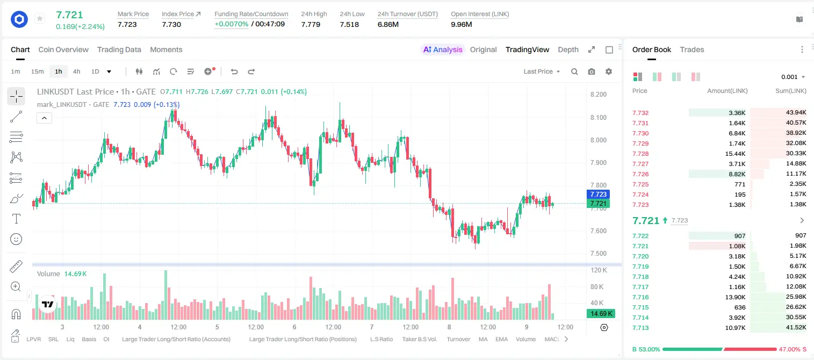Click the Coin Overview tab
63,49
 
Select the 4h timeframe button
76,71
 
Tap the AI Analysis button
443,49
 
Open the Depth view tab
568,49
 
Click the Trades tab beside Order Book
692,49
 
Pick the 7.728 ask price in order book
640,154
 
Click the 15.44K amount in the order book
735,154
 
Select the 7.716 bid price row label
640,297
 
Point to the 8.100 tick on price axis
598,117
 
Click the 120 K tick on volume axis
599,270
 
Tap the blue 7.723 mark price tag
598,195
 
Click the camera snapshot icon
592,71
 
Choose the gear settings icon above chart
609,71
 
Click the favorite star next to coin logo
40,18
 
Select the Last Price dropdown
542,71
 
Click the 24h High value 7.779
311,24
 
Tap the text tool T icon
16,219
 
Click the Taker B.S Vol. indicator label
419,339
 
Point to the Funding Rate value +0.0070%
231,24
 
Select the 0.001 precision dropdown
793,77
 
